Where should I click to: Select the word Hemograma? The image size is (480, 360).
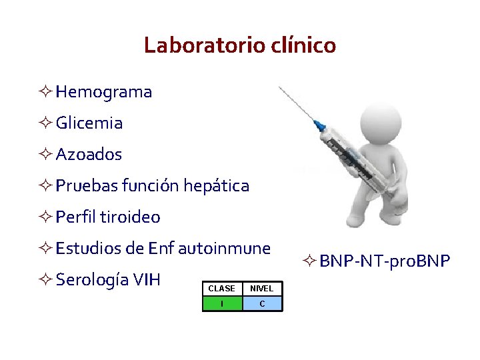coord(104,92)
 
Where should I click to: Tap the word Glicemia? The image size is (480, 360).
coord(89,123)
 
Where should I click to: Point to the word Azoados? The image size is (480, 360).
coord(89,155)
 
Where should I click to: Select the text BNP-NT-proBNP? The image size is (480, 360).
coord(385,260)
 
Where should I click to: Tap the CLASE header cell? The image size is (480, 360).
coord(221,289)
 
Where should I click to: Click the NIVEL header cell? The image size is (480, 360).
coord(262,289)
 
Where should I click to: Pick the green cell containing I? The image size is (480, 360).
coord(221,304)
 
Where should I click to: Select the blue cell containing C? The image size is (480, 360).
coord(262,304)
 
